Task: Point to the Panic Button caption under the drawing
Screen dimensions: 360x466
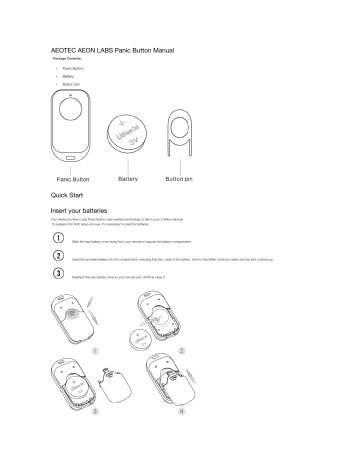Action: click(66, 178)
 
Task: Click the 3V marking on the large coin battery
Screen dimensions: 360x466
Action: click(126, 142)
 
